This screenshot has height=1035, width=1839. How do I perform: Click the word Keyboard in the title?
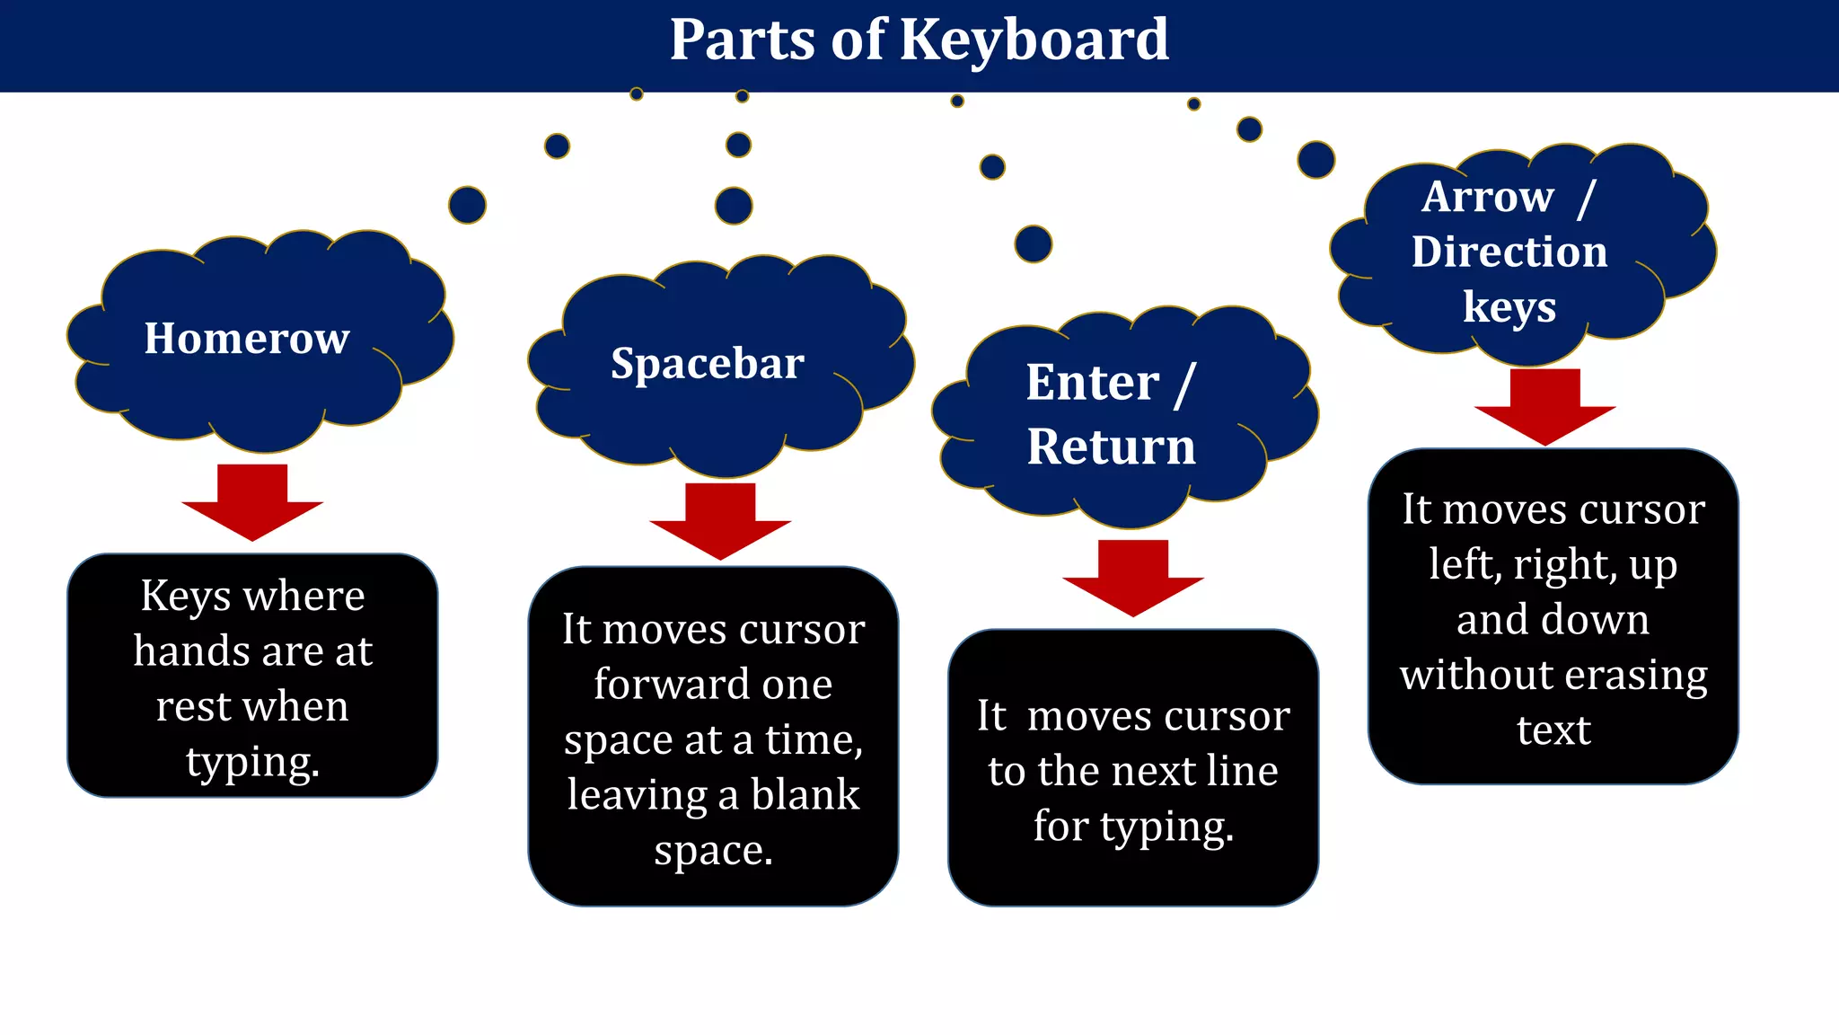pos(1034,40)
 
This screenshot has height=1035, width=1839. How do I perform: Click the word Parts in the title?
pos(742,40)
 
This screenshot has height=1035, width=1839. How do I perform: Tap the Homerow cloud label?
pos(247,339)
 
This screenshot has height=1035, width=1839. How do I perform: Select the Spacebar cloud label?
pos(708,364)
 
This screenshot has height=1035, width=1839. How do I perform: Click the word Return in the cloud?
pos(1111,447)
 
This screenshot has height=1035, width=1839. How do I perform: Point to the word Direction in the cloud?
pos(1509,252)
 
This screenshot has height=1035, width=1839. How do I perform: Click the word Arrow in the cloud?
pos(1488,197)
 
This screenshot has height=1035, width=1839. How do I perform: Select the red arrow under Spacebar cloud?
pos(720,520)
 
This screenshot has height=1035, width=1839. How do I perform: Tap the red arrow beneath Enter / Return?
pos(1133,577)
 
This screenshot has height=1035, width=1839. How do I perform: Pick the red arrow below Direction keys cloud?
pos(1544,406)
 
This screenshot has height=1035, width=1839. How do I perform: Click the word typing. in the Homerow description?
pos(253,762)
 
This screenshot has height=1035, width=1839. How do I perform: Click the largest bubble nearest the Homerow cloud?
pos(467,206)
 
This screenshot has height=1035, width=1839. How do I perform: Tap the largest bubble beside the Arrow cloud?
pos(1315,160)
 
